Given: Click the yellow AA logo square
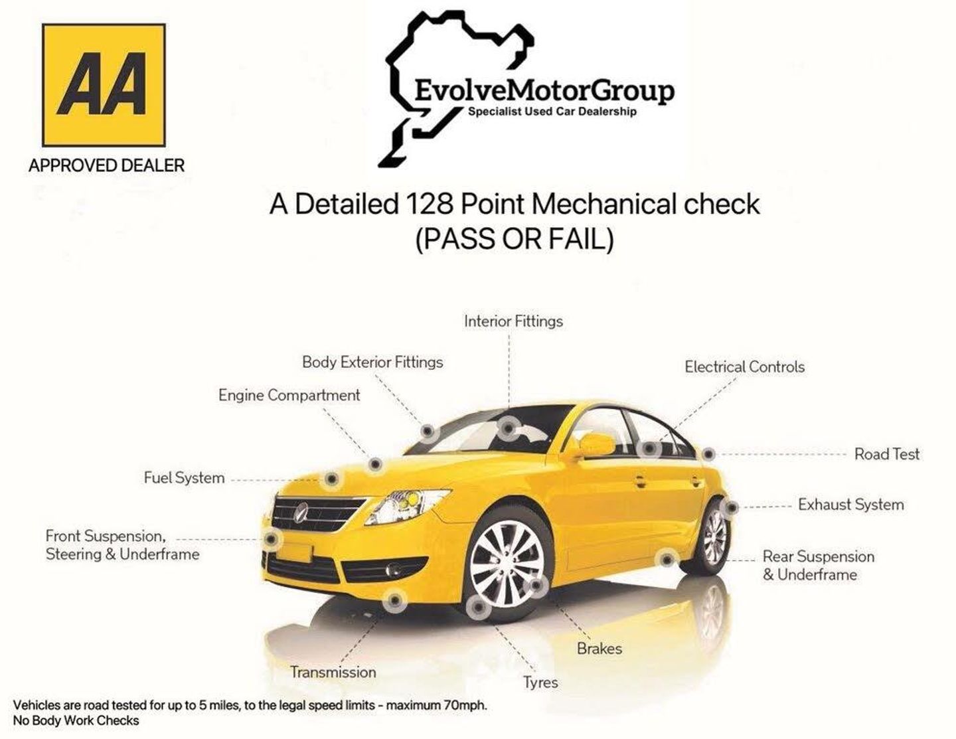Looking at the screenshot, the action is tap(104, 86).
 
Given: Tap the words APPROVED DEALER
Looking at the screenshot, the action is tap(106, 166).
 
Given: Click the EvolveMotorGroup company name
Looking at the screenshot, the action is tap(544, 92).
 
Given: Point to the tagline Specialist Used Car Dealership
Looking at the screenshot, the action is tap(552, 112).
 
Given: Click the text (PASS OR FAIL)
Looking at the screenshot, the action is tap(515, 240).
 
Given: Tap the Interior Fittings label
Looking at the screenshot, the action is tap(513, 321).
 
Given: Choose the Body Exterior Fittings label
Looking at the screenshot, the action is tap(372, 363).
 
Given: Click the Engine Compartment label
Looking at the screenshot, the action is tap(289, 396).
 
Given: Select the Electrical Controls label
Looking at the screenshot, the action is tap(744, 367).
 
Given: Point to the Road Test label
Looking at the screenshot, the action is tap(886, 454).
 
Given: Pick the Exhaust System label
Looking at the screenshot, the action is tap(851, 505).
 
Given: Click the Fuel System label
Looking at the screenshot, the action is tap(184, 478).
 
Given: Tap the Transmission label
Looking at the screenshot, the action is tap(333, 672).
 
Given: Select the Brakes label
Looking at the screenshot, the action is tap(599, 649).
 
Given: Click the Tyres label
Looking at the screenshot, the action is tap(540, 683).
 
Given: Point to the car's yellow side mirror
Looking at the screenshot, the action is tap(597, 444).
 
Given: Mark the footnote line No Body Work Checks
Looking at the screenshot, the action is tap(76, 720).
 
